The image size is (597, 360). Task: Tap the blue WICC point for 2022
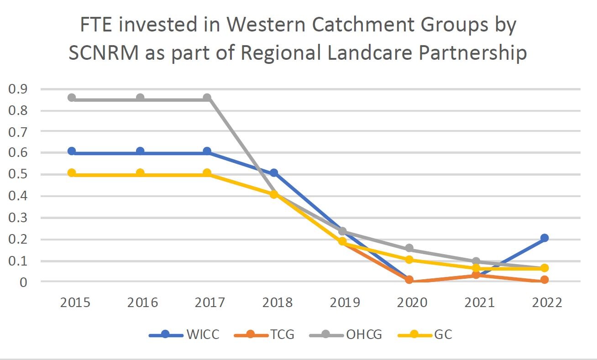[x=544, y=238]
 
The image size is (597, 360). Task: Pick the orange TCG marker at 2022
[x=544, y=280]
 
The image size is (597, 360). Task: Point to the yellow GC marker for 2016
[x=140, y=173]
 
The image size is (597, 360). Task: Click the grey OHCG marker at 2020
[x=409, y=249]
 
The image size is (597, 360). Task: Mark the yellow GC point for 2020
[x=409, y=260]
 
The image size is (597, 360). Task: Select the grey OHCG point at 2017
[x=207, y=98]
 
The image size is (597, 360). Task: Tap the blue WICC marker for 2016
[x=140, y=151]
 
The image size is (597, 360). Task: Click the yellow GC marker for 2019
[x=342, y=241]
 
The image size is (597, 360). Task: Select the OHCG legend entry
[x=346, y=335]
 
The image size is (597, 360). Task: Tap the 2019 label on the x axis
[x=342, y=303]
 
